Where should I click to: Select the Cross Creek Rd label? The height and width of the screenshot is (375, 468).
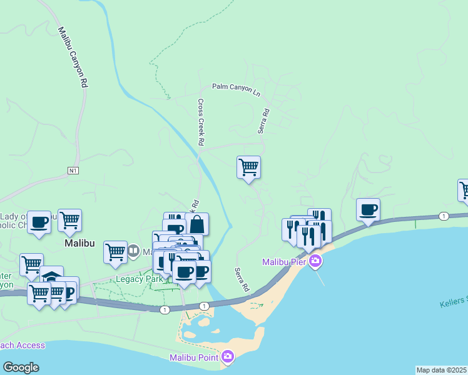click(201, 123)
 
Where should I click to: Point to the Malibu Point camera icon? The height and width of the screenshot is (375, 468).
click(228, 357)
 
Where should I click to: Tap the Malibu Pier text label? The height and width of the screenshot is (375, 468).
click(284, 261)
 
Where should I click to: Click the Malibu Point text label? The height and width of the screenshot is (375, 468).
click(194, 357)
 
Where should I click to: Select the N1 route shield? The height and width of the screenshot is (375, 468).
click(74, 170)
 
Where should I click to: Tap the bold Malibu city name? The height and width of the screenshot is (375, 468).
click(79, 243)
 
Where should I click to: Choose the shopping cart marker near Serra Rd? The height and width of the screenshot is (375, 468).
click(249, 167)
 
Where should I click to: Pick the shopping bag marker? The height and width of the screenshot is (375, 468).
click(196, 224)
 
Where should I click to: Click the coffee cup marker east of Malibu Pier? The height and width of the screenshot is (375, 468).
click(368, 209)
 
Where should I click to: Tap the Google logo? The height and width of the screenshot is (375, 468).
click(21, 367)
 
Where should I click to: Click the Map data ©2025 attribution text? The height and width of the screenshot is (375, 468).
click(442, 370)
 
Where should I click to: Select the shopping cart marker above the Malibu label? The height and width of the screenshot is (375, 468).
click(69, 220)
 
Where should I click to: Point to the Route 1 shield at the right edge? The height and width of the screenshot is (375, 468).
click(444, 216)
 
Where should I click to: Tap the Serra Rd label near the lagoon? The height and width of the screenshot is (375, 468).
click(242, 280)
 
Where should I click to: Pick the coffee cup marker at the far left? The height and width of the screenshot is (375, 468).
click(39, 222)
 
